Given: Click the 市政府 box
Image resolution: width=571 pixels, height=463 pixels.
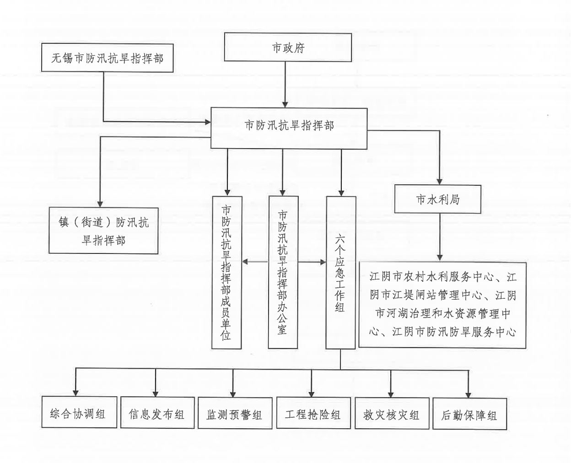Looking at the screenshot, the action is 288,47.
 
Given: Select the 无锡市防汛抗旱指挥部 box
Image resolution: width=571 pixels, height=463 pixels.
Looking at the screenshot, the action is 107,58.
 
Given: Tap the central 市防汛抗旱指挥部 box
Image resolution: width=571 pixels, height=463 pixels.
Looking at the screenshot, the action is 289,128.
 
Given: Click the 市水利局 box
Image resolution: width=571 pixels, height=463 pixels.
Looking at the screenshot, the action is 438,199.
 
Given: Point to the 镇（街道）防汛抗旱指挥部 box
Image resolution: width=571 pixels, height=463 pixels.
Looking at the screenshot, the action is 103,231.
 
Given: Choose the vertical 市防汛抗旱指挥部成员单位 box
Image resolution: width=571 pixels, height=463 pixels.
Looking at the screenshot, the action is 227,272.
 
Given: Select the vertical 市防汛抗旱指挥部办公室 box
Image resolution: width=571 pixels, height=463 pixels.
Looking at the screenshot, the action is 283,272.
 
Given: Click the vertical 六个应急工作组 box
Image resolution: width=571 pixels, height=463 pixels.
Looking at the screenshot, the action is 341,272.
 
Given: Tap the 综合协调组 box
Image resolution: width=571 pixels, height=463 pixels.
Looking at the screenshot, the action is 79,412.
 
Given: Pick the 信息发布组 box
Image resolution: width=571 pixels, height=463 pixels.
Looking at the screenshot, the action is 157,413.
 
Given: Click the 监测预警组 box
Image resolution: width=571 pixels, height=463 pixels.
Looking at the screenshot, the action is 235,413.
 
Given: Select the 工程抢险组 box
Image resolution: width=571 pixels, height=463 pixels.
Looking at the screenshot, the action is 313,413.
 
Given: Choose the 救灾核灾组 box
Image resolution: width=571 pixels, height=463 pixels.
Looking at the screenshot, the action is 392,413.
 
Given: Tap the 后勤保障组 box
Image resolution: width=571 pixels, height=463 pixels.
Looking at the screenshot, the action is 470,414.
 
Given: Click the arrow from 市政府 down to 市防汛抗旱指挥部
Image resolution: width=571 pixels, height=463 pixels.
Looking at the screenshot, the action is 285,85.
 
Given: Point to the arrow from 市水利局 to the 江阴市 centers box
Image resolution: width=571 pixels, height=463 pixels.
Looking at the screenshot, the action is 440,237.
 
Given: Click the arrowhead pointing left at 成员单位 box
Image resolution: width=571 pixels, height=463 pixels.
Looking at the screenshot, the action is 245,262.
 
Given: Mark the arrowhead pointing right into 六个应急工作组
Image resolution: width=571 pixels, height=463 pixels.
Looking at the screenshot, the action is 323,262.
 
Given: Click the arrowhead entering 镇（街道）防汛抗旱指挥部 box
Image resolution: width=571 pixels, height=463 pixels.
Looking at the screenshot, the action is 100,205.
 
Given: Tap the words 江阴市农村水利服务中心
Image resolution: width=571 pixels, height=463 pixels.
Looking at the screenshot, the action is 431,277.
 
